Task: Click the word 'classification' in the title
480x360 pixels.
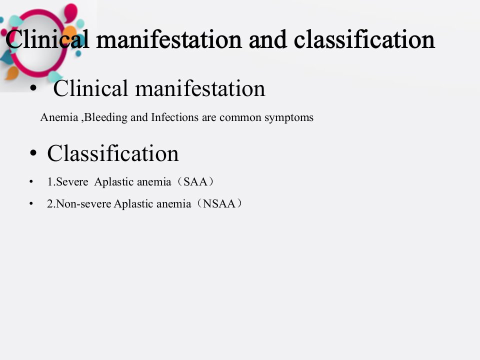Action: click(364, 39)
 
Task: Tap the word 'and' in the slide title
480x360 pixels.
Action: click(268, 40)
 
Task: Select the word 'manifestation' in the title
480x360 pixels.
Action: click(169, 40)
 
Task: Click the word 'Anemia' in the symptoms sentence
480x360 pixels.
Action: click(59, 117)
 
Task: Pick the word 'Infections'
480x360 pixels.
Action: click(175, 117)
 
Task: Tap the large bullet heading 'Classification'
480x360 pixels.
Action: click(113, 153)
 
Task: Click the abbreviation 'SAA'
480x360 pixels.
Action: click(195, 182)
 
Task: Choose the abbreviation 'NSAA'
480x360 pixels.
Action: click(219, 204)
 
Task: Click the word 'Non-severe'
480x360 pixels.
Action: click(83, 204)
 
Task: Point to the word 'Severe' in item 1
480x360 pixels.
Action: click(72, 182)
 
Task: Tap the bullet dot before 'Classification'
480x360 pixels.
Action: click(33, 153)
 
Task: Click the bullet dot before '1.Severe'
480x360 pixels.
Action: click(31, 182)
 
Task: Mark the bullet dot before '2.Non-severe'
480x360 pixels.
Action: click(31, 204)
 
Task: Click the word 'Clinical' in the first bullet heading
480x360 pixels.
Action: click(90, 88)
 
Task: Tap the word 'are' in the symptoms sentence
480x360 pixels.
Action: click(209, 118)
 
